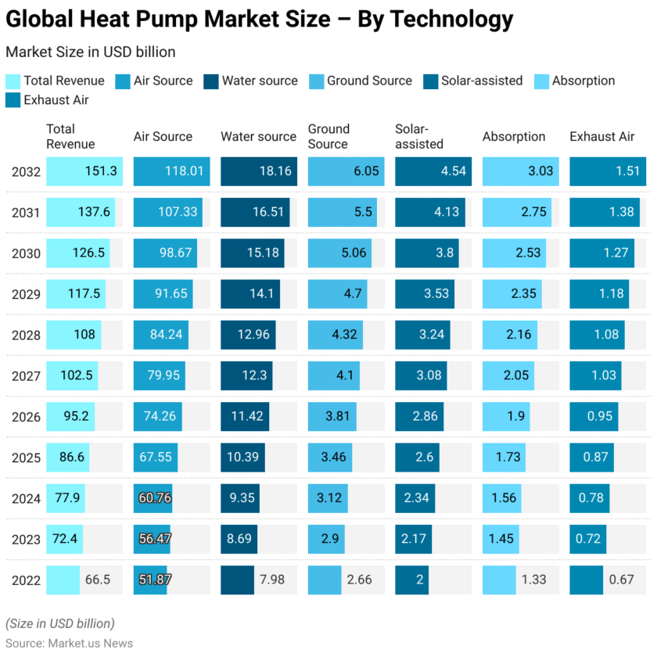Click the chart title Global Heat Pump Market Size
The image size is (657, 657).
260,20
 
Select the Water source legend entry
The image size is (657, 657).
259,81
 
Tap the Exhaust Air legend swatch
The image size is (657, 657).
13,100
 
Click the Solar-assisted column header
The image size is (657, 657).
419,136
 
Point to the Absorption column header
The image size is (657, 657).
513,136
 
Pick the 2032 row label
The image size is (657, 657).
25,171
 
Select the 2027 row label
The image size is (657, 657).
25,375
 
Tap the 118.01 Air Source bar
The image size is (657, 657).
172,171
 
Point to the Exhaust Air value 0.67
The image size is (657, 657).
621,580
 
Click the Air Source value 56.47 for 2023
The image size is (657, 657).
155,539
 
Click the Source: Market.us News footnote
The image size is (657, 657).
69,643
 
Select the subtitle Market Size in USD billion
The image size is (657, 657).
90,52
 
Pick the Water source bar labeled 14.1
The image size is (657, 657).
258,294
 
